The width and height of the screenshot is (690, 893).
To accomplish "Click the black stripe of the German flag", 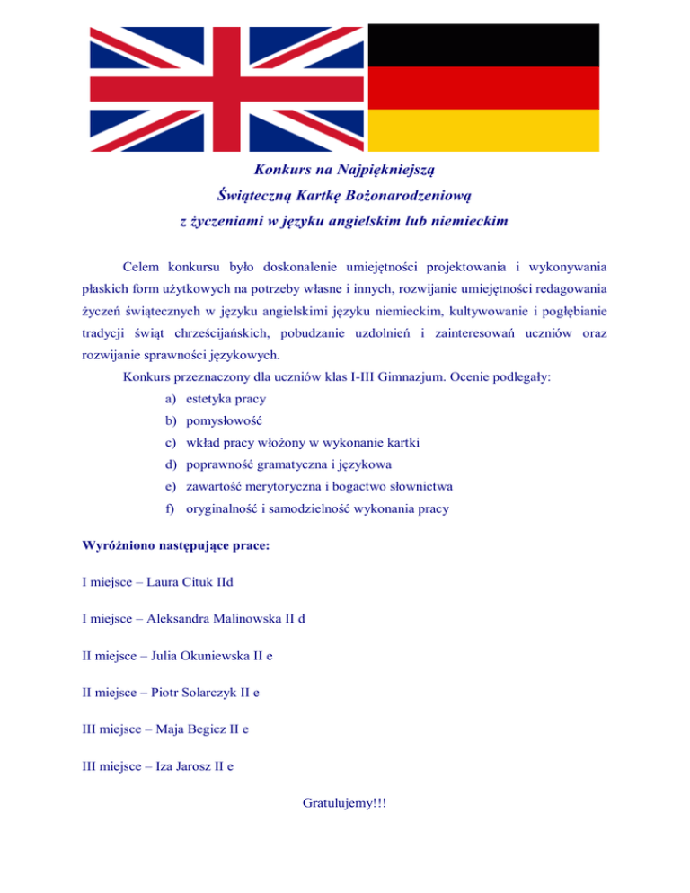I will pyautogui.click(x=484, y=44).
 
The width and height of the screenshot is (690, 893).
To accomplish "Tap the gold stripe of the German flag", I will pyautogui.click(x=484, y=130).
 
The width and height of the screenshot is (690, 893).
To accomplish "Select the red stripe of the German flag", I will pyautogui.click(x=484, y=87).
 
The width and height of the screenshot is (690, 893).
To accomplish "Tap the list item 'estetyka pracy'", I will pyautogui.click(x=226, y=398).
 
